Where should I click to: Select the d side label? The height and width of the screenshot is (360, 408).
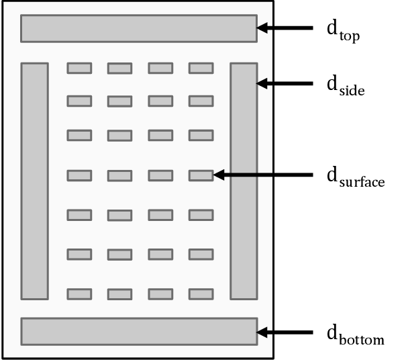pos(345,85)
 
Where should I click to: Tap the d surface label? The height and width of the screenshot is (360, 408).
pos(355,177)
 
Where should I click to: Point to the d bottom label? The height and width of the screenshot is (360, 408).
pos(355,334)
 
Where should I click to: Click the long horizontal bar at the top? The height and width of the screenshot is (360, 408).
pos(139,28)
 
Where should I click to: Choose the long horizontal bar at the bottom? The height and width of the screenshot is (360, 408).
pos(139,331)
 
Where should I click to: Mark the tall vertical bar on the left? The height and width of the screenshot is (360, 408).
pos(35,181)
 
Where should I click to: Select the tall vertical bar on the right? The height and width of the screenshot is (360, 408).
pos(244,181)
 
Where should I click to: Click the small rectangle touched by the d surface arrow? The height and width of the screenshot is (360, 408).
pos(201,175)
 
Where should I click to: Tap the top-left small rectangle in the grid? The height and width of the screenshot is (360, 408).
pos(79,68)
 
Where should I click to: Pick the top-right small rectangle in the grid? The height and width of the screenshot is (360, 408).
pos(201,68)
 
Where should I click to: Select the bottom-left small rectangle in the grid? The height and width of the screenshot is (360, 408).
pos(79,294)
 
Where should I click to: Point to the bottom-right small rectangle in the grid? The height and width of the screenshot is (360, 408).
pos(201,294)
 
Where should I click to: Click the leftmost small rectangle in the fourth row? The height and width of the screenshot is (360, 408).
pos(79,175)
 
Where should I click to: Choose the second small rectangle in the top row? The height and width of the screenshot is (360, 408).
pos(120,68)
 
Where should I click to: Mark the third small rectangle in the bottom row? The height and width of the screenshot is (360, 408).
pos(160,294)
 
